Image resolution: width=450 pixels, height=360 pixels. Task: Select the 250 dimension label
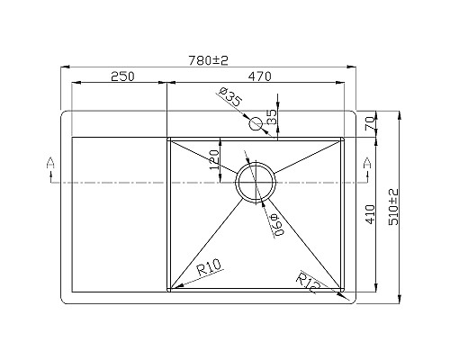(122, 76)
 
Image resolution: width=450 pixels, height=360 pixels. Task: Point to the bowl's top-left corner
(169, 139)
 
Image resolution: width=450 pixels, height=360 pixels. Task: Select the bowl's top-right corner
(343, 139)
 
